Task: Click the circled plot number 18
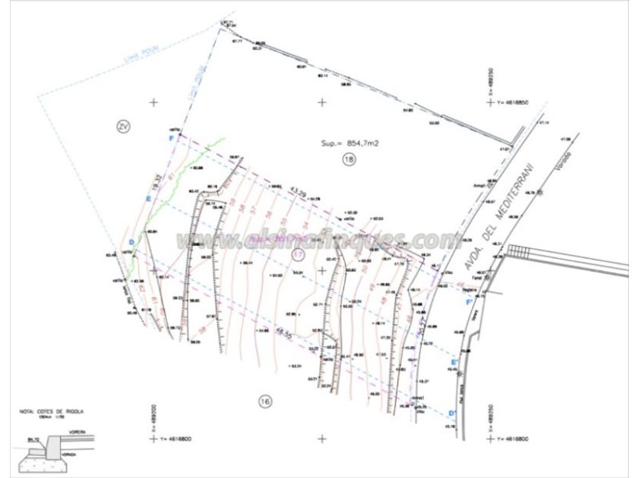pos(349,159)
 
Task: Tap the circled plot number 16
pos(264,401)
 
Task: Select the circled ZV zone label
pos(123,126)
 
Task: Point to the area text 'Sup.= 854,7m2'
pos(349,142)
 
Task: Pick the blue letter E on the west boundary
pos(148,199)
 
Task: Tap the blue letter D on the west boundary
pos(131,242)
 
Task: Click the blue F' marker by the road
pos(469,302)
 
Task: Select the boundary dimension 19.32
pos(156,183)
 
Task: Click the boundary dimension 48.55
pos(285,332)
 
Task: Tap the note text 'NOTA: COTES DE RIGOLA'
pos(52,411)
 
